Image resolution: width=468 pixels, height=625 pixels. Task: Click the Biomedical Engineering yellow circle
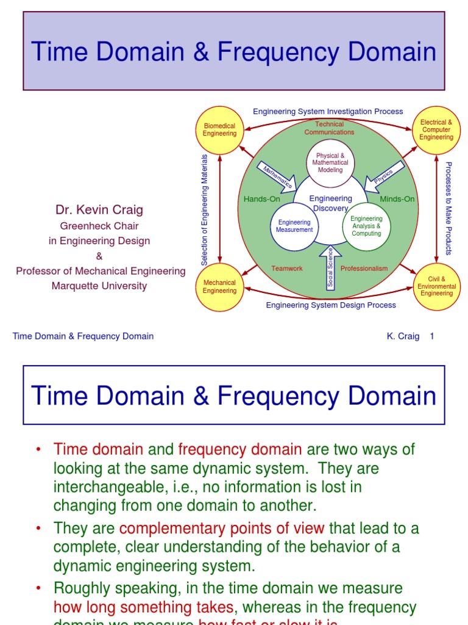(x=219, y=130)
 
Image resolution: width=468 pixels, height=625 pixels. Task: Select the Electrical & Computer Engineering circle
(x=436, y=130)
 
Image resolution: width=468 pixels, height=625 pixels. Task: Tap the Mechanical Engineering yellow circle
(x=219, y=287)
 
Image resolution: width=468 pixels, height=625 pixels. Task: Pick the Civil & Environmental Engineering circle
(x=436, y=286)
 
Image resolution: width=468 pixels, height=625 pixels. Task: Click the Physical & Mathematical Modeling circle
(x=330, y=163)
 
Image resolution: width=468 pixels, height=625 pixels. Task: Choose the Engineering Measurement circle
(x=294, y=226)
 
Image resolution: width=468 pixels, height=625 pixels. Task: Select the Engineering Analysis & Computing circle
(x=366, y=226)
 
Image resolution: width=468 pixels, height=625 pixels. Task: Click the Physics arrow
(x=384, y=176)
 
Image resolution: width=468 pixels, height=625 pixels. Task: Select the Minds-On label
(x=397, y=199)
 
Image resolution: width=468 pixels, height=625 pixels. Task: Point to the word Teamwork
(x=287, y=269)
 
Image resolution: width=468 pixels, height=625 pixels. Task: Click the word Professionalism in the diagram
(x=364, y=269)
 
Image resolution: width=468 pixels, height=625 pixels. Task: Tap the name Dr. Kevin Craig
(x=99, y=210)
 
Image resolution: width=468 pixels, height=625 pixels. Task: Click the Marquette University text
(x=99, y=286)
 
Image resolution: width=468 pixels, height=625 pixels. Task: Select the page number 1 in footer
(x=432, y=336)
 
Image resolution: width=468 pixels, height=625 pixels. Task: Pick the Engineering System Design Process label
(x=331, y=305)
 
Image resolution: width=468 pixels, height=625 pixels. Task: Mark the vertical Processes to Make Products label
(x=448, y=208)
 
